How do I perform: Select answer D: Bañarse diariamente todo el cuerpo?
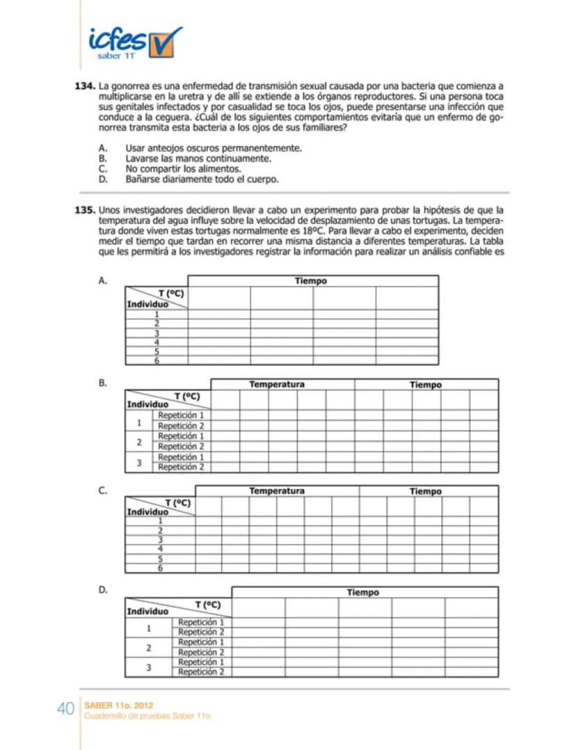click(202, 179)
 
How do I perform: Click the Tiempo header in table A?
click(311, 281)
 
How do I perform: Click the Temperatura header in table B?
click(277, 384)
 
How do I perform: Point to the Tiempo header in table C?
click(425, 491)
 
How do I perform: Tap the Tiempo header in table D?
click(363, 592)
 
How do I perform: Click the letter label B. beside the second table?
click(102, 383)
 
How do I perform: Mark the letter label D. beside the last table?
click(102, 590)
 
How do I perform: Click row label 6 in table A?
click(157, 361)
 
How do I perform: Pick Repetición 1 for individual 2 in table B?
click(181, 436)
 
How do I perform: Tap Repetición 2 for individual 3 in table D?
click(201, 672)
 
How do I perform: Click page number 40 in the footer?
click(65, 709)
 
